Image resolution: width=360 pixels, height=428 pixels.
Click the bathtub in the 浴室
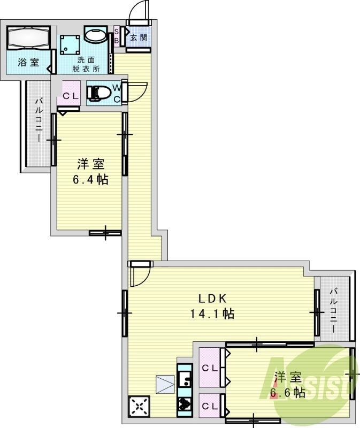click(x=28, y=37)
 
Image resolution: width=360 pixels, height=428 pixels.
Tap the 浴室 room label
click(x=28, y=62)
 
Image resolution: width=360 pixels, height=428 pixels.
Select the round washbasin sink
click(x=95, y=35)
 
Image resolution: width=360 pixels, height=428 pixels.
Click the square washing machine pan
click(x=70, y=45)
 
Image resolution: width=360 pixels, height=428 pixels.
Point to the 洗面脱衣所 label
click(x=86, y=64)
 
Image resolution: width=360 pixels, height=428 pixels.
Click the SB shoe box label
click(x=116, y=36)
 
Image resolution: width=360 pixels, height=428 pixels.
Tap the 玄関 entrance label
click(x=139, y=37)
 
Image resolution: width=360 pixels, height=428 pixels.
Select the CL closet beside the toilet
click(x=69, y=93)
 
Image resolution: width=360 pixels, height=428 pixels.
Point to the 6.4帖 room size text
click(x=90, y=180)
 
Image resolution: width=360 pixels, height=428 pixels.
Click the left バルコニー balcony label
click(x=39, y=120)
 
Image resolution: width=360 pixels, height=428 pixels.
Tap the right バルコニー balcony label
click(x=334, y=311)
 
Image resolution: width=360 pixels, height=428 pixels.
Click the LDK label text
click(x=212, y=299)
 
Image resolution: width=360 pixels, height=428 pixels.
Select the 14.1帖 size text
click(x=212, y=314)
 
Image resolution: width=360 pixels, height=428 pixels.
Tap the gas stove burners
click(x=185, y=403)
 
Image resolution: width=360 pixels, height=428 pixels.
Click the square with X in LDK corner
click(x=139, y=406)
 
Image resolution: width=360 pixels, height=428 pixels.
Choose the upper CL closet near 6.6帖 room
click(x=210, y=368)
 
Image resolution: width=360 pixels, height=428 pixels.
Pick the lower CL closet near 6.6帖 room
click(x=210, y=406)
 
